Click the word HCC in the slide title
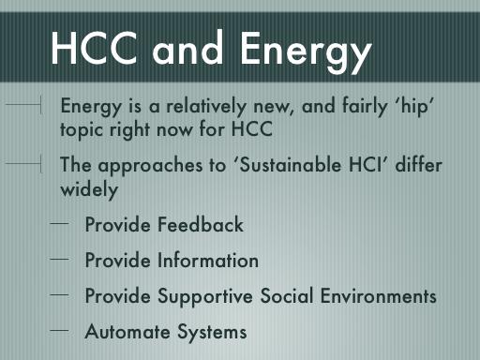click(x=94, y=48)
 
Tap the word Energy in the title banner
click(x=306, y=52)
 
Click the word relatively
click(x=206, y=106)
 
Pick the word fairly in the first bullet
click(x=365, y=107)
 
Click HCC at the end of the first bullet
click(x=252, y=128)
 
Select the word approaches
click(x=150, y=166)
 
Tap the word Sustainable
click(x=290, y=164)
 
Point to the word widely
click(x=89, y=190)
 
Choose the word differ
click(x=419, y=164)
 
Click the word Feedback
click(x=201, y=224)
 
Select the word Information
click(x=208, y=260)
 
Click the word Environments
click(x=379, y=295)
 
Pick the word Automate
click(x=127, y=331)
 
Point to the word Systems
click(x=212, y=333)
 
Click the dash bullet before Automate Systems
click(x=59, y=330)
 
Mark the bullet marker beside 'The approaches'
click(x=23, y=163)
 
